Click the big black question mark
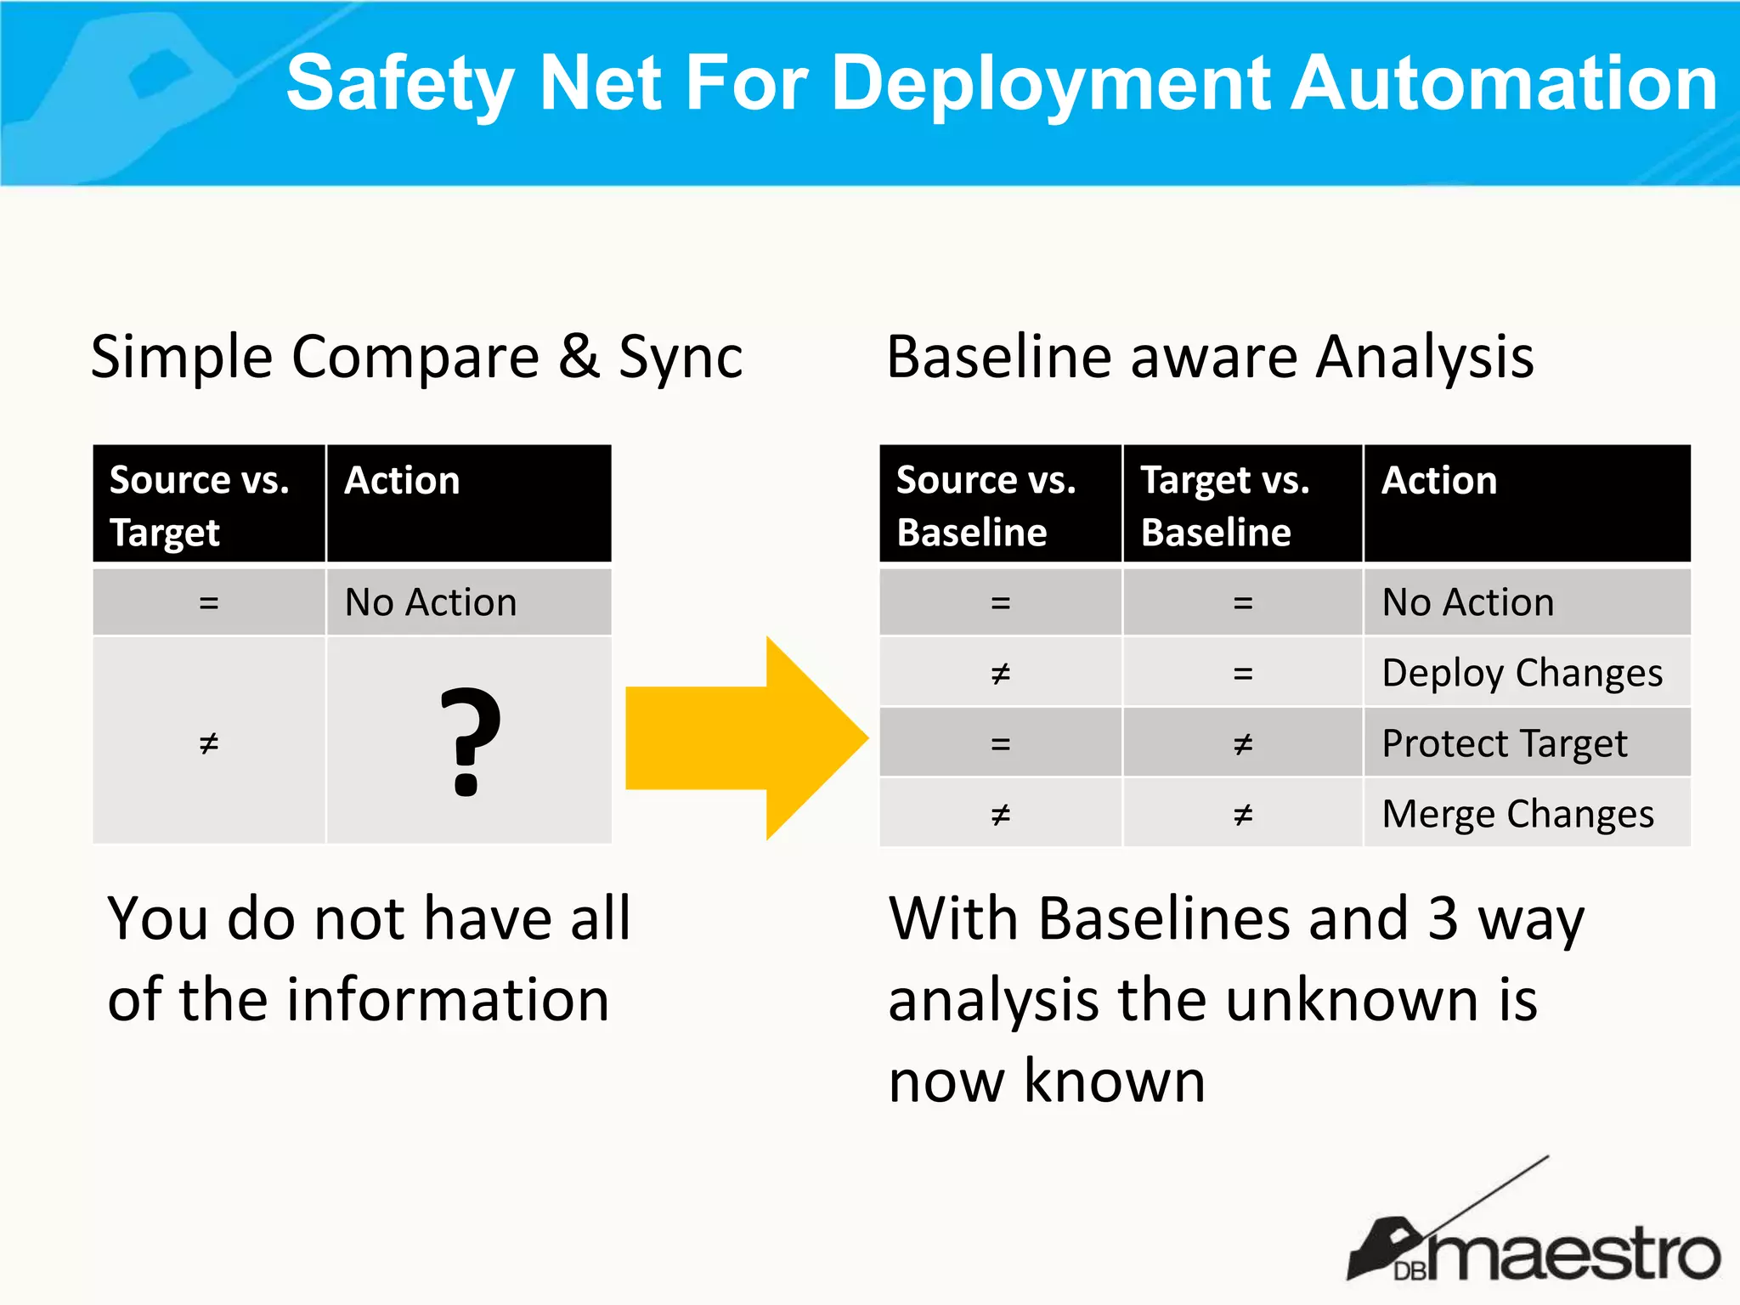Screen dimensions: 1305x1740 point(470,741)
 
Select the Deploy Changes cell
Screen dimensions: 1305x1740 point(1522,673)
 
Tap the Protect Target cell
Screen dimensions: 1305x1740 point(1504,743)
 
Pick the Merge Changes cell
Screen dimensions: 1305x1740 point(1517,814)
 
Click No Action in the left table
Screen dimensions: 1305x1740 point(431,602)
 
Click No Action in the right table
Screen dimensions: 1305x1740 point(1468,602)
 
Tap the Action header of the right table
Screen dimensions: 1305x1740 point(1439,481)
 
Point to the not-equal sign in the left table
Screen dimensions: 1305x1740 point(209,743)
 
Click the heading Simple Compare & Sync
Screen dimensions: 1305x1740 point(416,357)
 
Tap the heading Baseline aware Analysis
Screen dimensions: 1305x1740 point(1210,357)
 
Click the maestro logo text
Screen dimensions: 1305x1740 point(1572,1253)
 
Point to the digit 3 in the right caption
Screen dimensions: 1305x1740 point(1443,918)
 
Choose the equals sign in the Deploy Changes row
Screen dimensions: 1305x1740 point(1243,674)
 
